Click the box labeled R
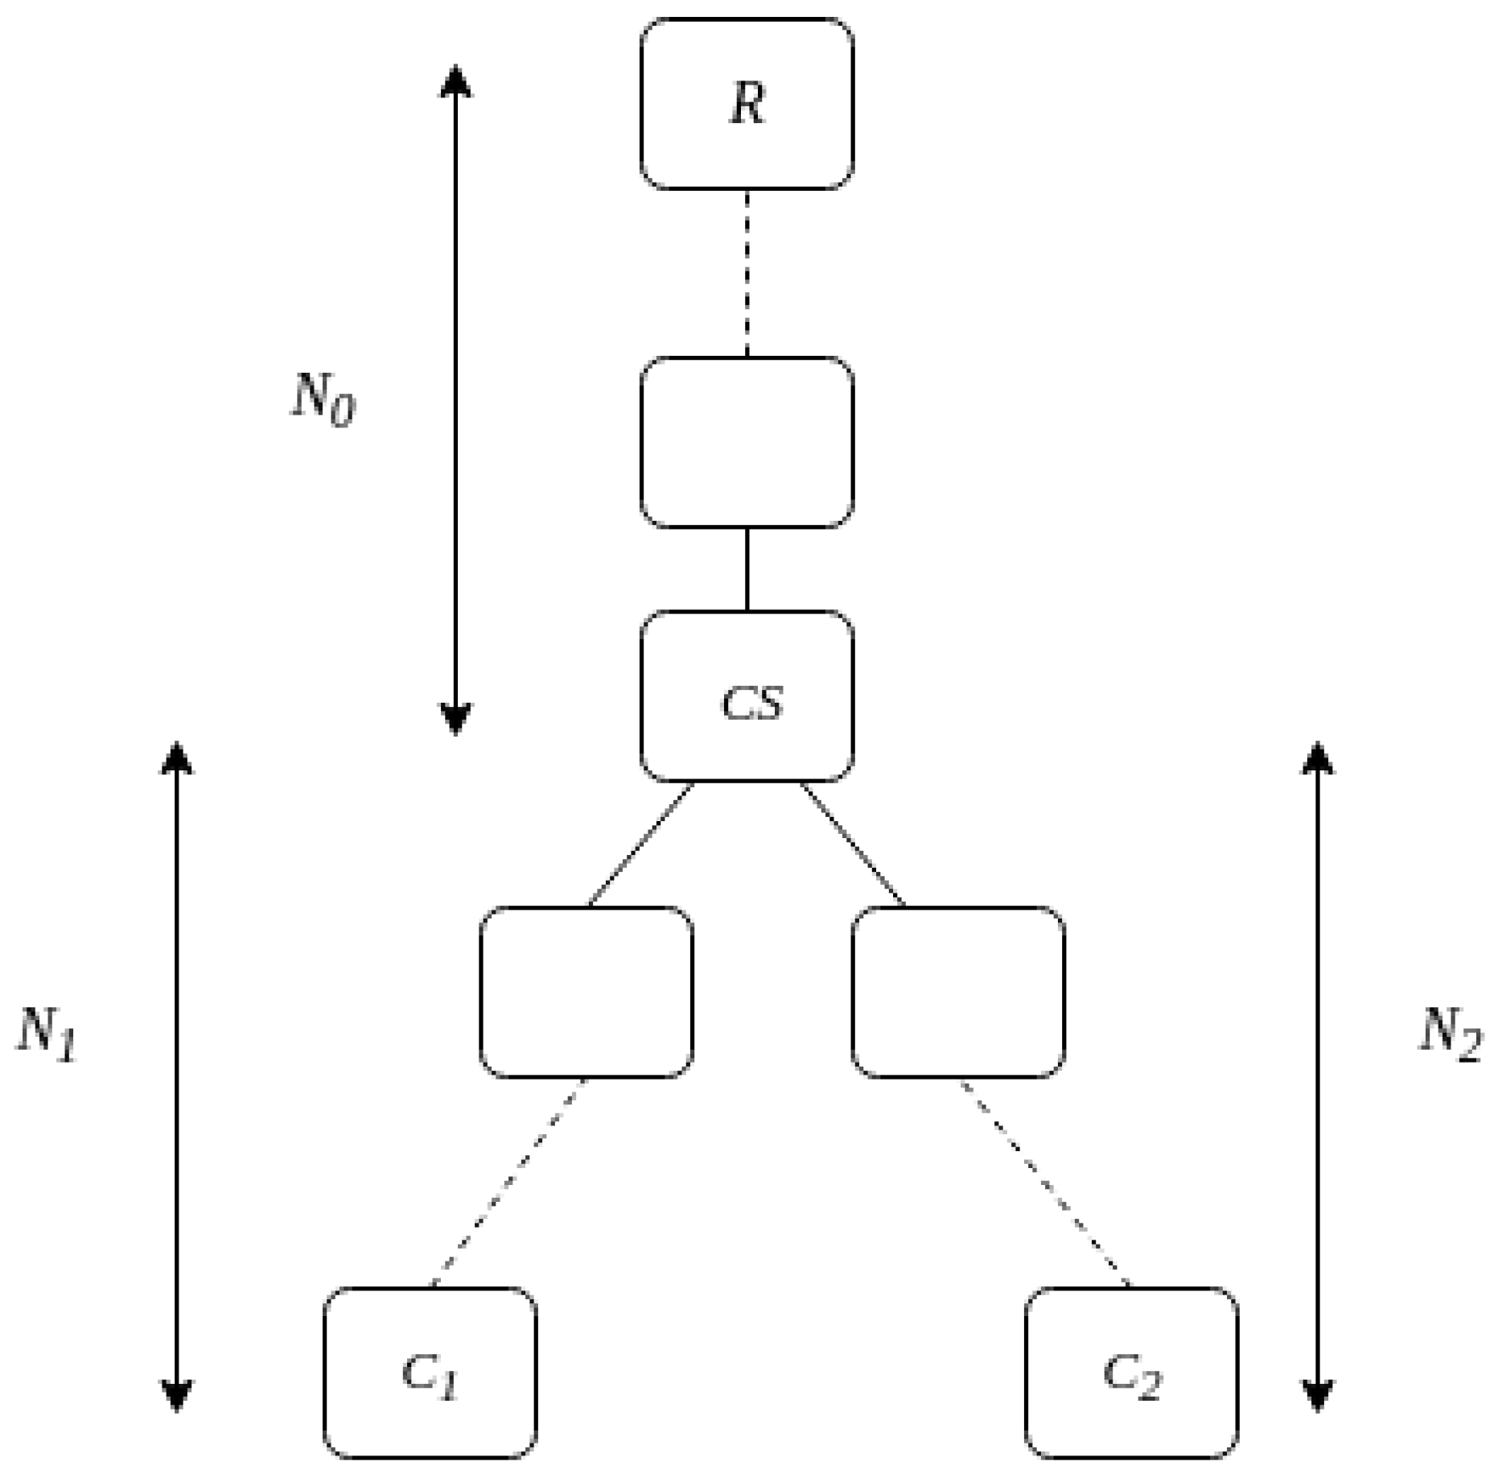point(747,105)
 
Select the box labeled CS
point(747,696)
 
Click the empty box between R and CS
point(747,443)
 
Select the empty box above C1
point(586,992)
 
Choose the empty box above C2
point(958,992)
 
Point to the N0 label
point(322,400)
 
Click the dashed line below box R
point(747,274)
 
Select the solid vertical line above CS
point(747,569)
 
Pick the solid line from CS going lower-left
point(640,844)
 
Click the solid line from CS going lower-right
point(853,844)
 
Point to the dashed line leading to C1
point(508,1183)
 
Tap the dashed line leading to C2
point(1044,1183)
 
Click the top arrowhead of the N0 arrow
point(455,81)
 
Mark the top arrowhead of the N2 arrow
point(1317,757)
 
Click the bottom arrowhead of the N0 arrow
point(455,718)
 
